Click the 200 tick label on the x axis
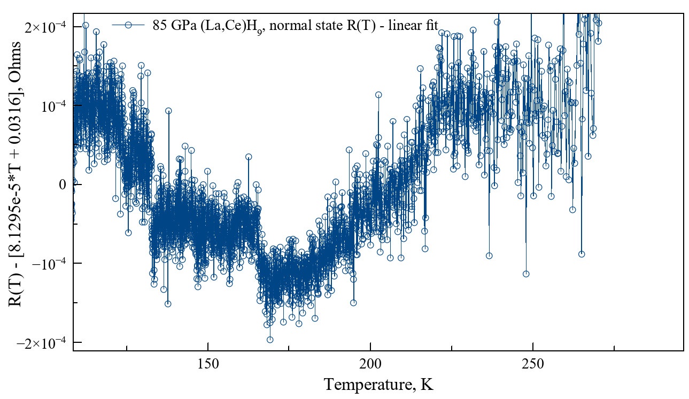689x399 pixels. coord(370,363)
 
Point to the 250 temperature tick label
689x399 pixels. coord(533,363)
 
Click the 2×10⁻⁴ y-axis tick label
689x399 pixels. coord(45,27)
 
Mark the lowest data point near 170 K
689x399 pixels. coord(270,340)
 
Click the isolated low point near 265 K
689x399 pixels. coord(582,254)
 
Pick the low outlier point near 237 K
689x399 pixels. coord(489,256)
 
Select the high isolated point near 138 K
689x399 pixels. coord(168,111)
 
